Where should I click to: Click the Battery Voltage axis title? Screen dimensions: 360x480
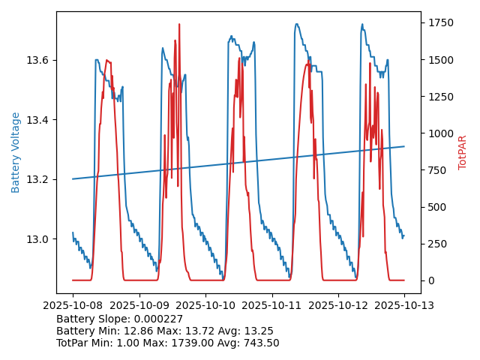click(x=16, y=152)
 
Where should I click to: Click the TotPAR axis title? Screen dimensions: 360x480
click(x=463, y=152)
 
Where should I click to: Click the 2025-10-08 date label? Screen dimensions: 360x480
click(x=73, y=305)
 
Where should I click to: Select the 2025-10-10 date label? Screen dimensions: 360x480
click(x=205, y=305)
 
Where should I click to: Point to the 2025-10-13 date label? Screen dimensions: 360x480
click(x=404, y=305)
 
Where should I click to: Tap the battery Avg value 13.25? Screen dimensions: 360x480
click(x=259, y=331)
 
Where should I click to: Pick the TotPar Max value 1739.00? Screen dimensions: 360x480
click(x=199, y=343)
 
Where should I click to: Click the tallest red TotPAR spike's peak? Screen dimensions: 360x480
click(x=179, y=25)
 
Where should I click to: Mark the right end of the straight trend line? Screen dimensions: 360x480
click(x=404, y=146)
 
